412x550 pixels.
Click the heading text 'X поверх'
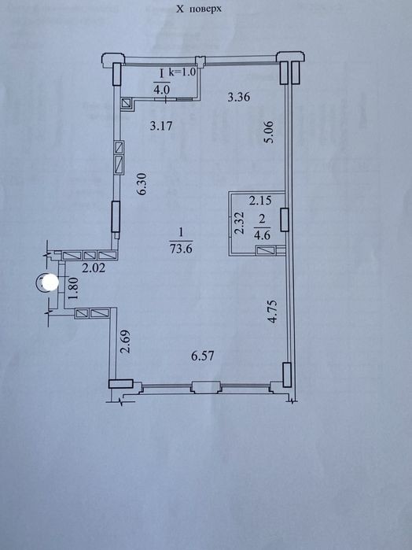pos(198,9)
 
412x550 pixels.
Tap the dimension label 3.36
pos(239,97)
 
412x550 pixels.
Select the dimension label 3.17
pos(161,125)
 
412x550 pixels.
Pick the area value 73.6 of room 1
pos(181,249)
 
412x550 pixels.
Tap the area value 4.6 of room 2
pos(263,235)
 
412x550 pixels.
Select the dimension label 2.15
pos(260,201)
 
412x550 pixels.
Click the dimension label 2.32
pos(239,223)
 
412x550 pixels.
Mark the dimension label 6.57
pos(203,356)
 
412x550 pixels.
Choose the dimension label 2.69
pos(125,341)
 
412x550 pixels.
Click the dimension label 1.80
pos(73,288)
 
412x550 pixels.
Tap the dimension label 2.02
pos(94,268)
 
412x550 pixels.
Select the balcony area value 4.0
pos(162,89)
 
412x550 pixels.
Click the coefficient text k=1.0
pos(182,72)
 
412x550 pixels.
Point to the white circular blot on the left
pos(50,282)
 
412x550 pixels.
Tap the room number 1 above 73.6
pos(181,232)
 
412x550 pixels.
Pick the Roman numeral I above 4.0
pos(162,73)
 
